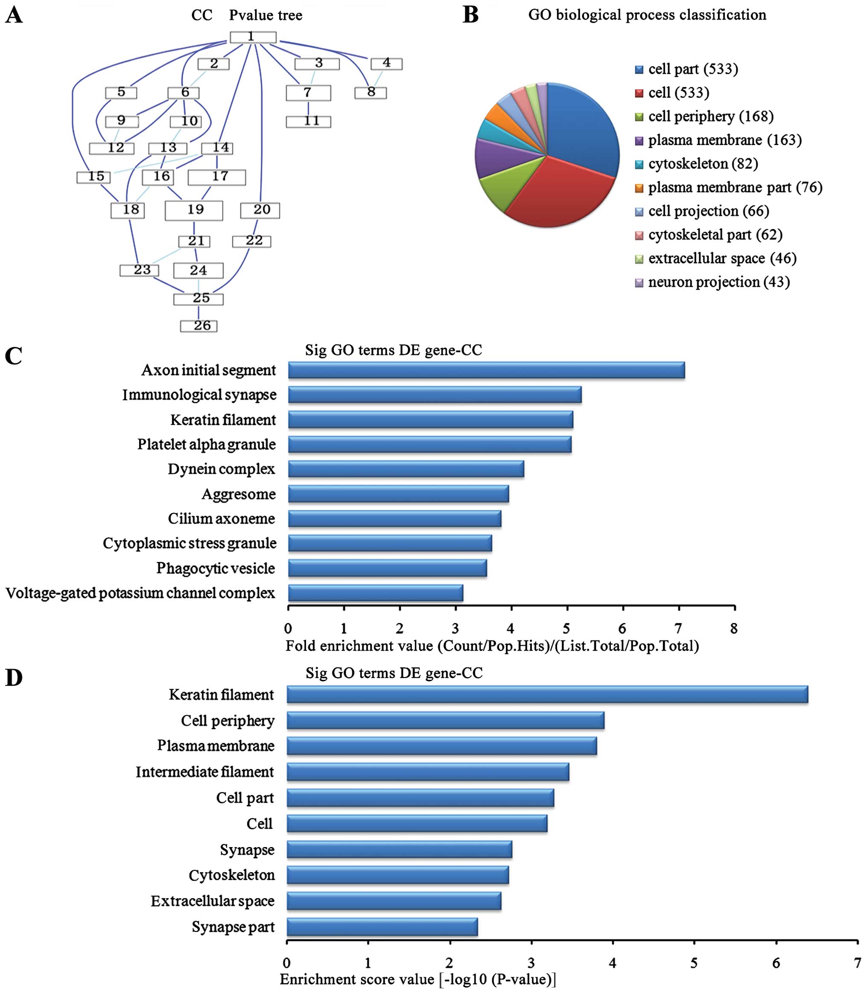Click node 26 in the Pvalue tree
199,326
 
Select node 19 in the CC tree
194,210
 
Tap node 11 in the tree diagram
308,121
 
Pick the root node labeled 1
253,37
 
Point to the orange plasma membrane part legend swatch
639,188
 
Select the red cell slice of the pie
552,193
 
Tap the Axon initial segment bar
486,370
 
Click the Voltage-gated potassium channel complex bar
375,593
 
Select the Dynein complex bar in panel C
406,469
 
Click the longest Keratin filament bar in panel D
547,695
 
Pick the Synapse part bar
382,927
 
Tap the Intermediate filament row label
204,772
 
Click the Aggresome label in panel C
239,494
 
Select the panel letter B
470,15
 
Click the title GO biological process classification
647,15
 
